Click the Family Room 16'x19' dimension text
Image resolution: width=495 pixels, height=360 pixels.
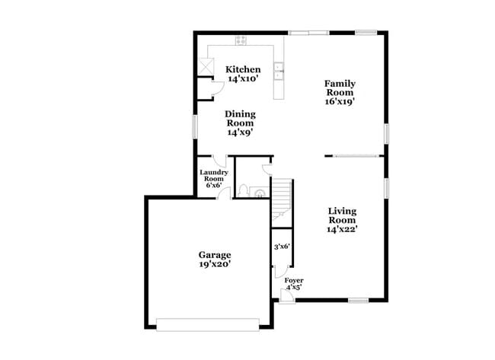coord(340,99)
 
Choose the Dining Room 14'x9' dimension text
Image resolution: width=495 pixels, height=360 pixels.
coord(239,132)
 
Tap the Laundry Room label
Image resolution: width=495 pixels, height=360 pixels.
coord(213,177)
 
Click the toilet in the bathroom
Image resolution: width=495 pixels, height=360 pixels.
coord(242,190)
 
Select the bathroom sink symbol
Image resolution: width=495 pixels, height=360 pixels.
coord(259,193)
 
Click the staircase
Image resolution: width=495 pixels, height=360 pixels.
coord(282,196)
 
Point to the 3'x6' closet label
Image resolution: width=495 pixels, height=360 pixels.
coord(282,246)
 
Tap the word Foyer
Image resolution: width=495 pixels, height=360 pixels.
coord(294,280)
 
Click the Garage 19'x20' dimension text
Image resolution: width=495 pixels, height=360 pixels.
coord(215,264)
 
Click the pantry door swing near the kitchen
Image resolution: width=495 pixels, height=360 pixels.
coord(216,88)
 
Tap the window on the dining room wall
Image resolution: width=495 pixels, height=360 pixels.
coord(195,126)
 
